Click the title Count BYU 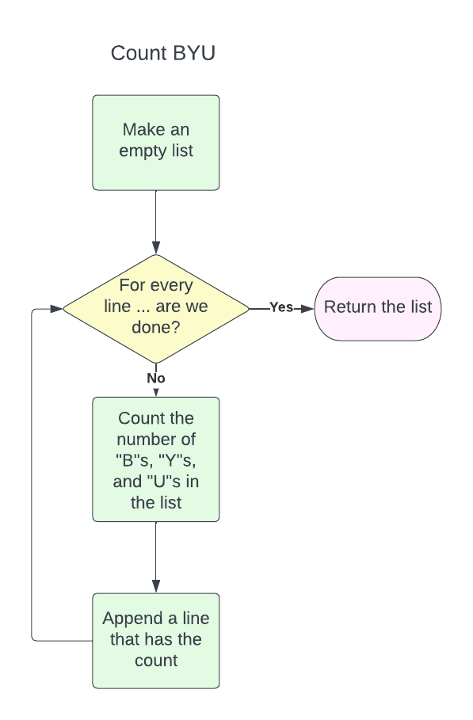pos(163,53)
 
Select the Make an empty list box pos(155,143)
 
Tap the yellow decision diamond pos(155,308)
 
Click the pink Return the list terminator pos(378,308)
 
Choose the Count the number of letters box pos(155,459)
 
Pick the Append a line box pos(155,640)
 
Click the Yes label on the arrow pos(281,307)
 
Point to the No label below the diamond pos(155,379)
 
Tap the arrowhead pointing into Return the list pos(308,308)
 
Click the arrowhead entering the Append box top pos(155,586)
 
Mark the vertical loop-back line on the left pos(32,475)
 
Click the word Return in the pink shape pos(349,307)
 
